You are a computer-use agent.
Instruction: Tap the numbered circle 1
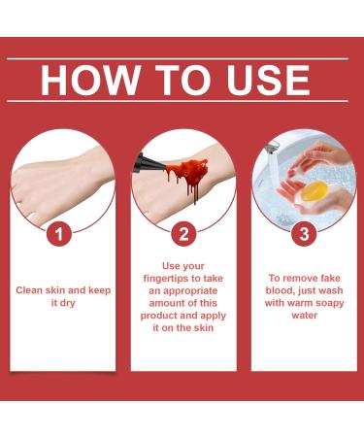(60, 233)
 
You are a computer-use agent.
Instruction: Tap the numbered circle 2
(182, 233)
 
